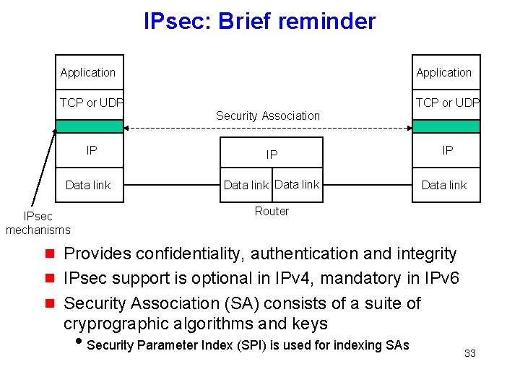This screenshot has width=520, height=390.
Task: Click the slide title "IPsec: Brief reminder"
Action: (x=259, y=21)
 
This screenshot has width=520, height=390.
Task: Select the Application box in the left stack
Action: (x=89, y=72)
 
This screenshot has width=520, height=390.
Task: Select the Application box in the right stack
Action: (x=445, y=72)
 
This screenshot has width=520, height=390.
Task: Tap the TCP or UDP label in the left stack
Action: (x=90, y=103)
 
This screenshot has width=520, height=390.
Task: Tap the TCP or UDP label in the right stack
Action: (x=446, y=103)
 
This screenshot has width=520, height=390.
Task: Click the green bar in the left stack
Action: (x=90, y=126)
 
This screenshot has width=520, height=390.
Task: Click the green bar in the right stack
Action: (x=446, y=126)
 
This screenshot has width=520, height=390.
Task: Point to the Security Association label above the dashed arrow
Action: (x=267, y=116)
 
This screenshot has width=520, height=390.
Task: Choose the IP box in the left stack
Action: (x=90, y=151)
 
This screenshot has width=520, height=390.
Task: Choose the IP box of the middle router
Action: (x=272, y=155)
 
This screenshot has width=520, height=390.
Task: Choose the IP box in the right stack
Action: (x=447, y=150)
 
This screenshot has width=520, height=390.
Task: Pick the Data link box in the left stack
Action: (x=88, y=185)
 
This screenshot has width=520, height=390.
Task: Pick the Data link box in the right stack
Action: (x=444, y=185)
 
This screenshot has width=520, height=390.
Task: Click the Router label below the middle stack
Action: (x=272, y=211)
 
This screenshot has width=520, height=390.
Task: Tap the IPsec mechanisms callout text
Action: (x=38, y=223)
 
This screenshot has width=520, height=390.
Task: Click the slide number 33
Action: (x=469, y=353)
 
